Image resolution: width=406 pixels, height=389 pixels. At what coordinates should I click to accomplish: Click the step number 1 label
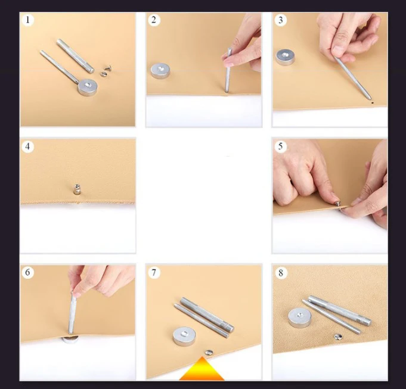(x=27, y=20)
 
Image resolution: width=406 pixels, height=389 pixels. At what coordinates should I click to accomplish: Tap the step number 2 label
(x=154, y=20)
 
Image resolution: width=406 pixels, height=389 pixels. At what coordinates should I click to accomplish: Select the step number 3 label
(x=280, y=20)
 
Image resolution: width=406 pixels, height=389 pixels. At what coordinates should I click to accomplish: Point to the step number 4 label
(x=27, y=147)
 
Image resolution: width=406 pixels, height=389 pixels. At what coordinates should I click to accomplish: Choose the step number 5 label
(x=280, y=147)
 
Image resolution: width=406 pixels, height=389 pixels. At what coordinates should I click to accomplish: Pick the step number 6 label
(x=27, y=273)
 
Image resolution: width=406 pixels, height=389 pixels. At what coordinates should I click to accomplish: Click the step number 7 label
(x=154, y=273)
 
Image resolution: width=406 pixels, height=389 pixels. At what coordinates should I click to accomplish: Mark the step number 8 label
(x=281, y=273)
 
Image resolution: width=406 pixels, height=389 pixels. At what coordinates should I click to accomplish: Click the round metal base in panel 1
(x=88, y=88)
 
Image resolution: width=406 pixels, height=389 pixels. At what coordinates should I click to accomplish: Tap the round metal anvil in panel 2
(x=160, y=71)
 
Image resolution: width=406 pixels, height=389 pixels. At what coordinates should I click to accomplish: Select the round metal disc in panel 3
(x=285, y=57)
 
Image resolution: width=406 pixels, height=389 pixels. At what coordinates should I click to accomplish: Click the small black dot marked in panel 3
(x=373, y=102)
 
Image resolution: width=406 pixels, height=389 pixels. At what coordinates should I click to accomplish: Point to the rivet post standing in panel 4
(x=77, y=189)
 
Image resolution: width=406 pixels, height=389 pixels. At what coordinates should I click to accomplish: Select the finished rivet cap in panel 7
(x=209, y=352)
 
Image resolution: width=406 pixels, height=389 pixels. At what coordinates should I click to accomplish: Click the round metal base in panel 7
(x=185, y=336)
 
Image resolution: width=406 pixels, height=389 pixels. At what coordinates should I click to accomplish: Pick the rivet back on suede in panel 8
(x=337, y=337)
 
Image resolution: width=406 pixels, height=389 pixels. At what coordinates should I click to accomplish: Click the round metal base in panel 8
(x=300, y=318)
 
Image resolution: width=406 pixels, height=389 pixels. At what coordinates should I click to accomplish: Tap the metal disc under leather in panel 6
(x=70, y=339)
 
